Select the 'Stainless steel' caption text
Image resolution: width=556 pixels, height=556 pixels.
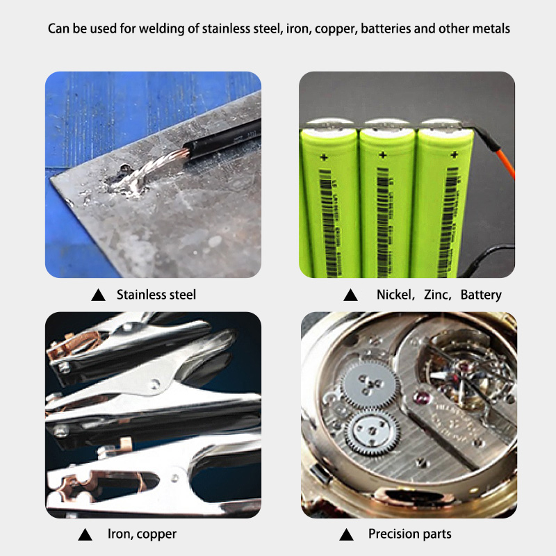point(156,295)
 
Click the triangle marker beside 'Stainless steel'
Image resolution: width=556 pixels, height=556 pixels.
point(98,295)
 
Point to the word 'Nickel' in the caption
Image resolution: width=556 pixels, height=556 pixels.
point(394,295)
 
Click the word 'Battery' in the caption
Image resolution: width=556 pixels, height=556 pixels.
point(481,295)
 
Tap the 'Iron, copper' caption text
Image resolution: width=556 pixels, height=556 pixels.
point(142,534)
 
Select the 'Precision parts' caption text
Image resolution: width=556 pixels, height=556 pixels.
point(410,534)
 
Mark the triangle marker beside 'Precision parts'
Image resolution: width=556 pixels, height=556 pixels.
point(345,534)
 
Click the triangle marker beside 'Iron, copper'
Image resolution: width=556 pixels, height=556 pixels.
point(85,534)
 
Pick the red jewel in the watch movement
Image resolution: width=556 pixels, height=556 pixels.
point(419,398)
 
